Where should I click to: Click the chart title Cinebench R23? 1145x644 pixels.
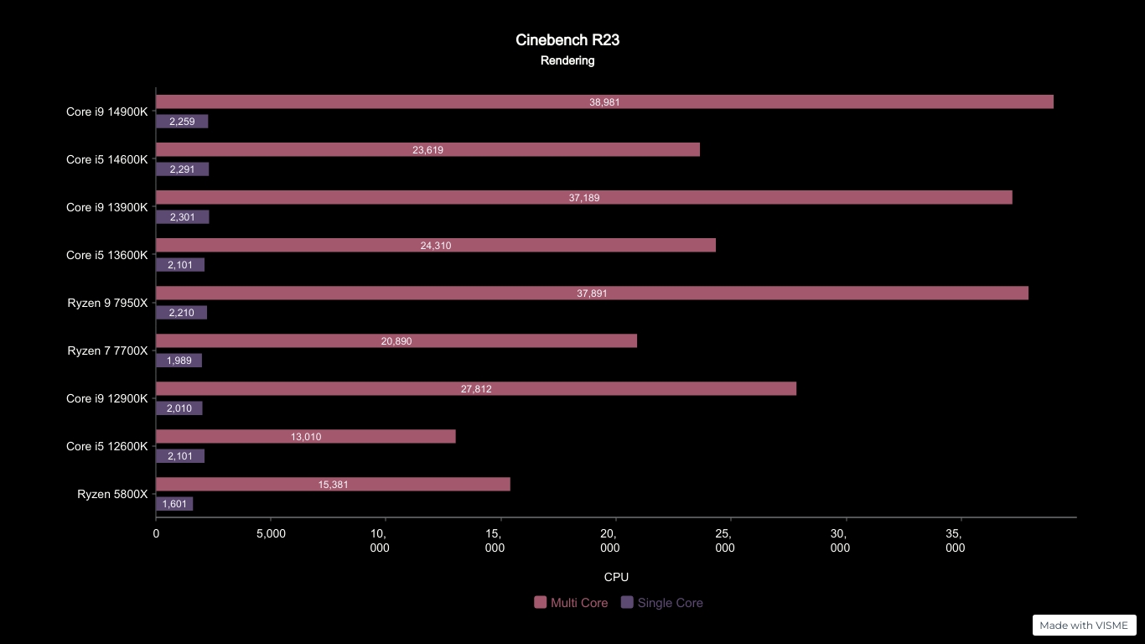click(567, 40)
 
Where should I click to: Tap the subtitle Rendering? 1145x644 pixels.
click(567, 60)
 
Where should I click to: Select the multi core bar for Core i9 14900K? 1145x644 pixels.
click(604, 101)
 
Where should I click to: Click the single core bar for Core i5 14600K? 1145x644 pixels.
click(182, 169)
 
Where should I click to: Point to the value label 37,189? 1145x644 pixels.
click(583, 197)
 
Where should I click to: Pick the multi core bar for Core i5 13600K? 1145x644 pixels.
click(436, 245)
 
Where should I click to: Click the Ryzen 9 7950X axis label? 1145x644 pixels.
click(107, 303)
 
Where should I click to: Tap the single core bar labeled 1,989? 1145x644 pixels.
click(179, 360)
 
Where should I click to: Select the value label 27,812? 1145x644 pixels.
click(476, 389)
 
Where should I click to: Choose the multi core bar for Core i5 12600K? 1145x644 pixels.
click(306, 436)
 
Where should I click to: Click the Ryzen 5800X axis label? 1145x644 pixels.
click(112, 494)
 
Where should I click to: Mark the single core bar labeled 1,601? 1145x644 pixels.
click(174, 503)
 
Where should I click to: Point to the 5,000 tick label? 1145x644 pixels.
click(271, 533)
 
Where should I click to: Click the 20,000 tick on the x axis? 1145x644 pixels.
click(616, 519)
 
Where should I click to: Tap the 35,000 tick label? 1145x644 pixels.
click(955, 541)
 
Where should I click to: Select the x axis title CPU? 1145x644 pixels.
click(616, 577)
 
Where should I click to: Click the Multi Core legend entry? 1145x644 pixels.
click(571, 603)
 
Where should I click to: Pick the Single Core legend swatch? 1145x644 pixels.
click(627, 602)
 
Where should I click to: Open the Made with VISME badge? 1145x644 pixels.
click(1084, 625)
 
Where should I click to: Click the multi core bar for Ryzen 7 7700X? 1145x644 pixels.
click(396, 340)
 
